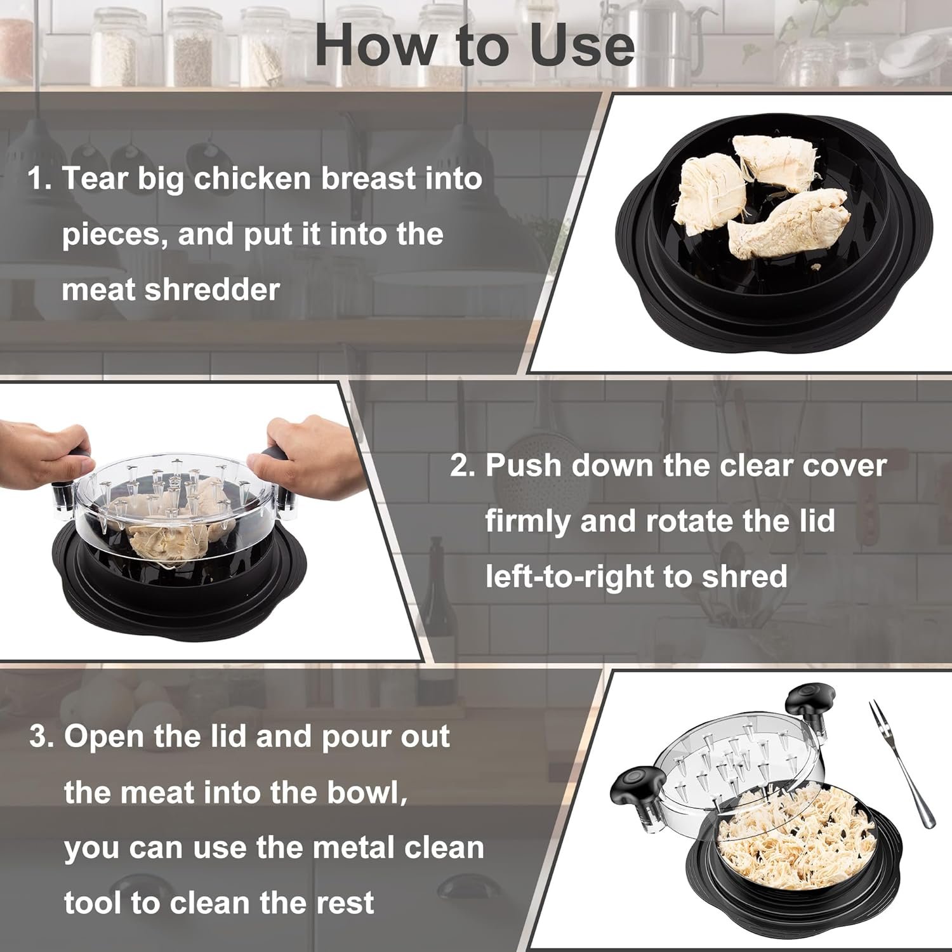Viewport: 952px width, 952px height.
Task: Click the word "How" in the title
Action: [376, 46]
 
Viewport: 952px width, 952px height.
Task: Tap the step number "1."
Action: [39, 179]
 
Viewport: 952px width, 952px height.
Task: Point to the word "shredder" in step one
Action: [212, 290]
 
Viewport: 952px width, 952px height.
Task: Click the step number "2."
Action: [463, 466]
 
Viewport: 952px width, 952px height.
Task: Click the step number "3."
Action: [42, 737]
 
